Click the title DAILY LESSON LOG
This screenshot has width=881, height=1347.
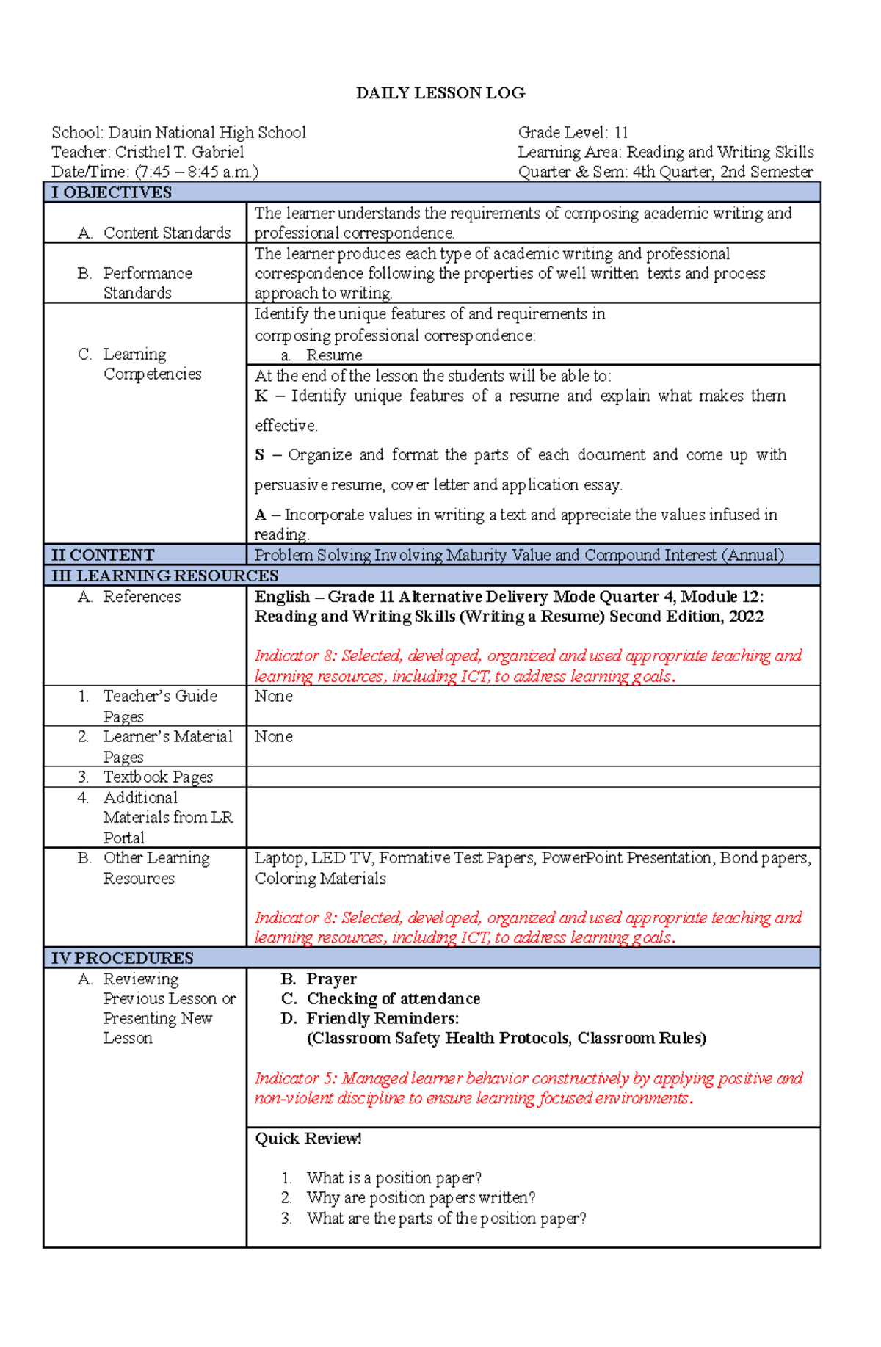pyautogui.click(x=440, y=93)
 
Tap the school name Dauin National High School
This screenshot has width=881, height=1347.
pyautogui.click(x=207, y=133)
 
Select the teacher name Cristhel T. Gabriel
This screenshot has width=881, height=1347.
pyautogui.click(x=179, y=153)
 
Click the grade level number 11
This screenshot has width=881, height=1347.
pyautogui.click(x=621, y=133)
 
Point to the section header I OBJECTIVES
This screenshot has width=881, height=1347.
pyautogui.click(x=111, y=193)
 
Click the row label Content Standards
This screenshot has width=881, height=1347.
pyautogui.click(x=167, y=233)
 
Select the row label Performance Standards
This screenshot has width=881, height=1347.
pyautogui.click(x=147, y=283)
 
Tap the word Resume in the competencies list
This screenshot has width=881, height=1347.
pyautogui.click(x=334, y=355)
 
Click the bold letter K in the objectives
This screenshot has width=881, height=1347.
pyautogui.click(x=261, y=396)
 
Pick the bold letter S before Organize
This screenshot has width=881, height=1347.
pyautogui.click(x=259, y=455)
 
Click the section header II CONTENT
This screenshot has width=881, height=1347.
pyautogui.click(x=103, y=555)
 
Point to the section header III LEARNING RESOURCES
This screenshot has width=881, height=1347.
pyautogui.click(x=164, y=576)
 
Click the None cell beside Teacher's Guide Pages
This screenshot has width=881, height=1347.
pyautogui.click(x=273, y=697)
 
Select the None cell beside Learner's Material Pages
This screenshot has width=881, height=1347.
pyautogui.click(x=273, y=737)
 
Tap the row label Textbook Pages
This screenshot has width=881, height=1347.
pyautogui.click(x=158, y=777)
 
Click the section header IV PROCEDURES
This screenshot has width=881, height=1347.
pyautogui.click(x=122, y=958)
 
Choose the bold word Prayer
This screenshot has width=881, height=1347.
pyautogui.click(x=331, y=979)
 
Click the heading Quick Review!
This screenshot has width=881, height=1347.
pyautogui.click(x=308, y=1139)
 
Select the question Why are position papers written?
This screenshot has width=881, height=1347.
pyautogui.click(x=421, y=1198)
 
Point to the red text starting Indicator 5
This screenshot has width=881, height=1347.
pyautogui.click(x=529, y=1088)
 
